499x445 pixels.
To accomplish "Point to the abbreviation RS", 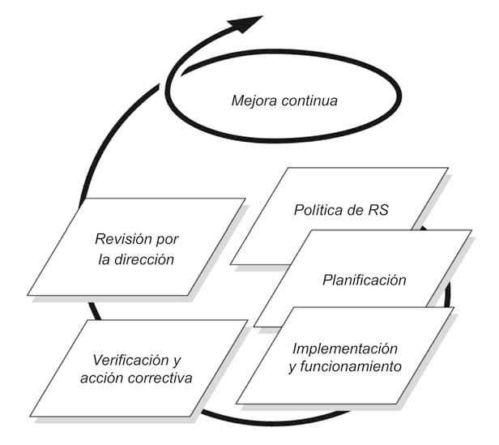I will (x=378, y=210).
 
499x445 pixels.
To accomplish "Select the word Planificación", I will (x=364, y=280).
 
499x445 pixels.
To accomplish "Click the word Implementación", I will (x=344, y=349).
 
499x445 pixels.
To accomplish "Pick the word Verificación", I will (x=129, y=359).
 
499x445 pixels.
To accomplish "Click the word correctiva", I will (x=163, y=378).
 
